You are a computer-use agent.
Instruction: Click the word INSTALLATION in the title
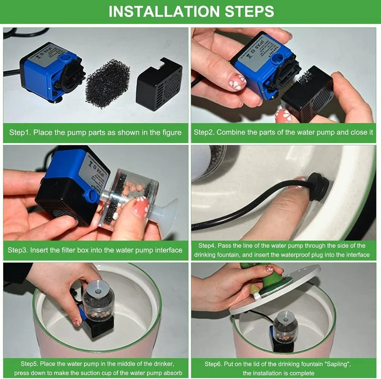164,11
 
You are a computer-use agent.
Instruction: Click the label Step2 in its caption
204,133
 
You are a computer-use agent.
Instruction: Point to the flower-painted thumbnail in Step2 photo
239,82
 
